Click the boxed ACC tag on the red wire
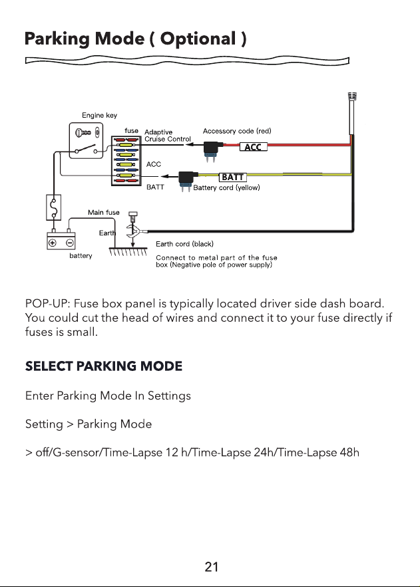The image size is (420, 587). pos(254,147)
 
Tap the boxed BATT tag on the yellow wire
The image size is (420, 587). pos(233,177)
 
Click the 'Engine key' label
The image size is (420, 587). pos(100,115)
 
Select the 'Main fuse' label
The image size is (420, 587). pos(104,212)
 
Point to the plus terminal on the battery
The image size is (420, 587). pos(52,243)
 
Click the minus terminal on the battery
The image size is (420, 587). pos(70,243)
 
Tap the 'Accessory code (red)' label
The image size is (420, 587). pos(237,131)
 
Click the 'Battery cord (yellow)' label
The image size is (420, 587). pos(227,187)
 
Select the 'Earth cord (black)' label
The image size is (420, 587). pos(185,244)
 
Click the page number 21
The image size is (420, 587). pos(211,567)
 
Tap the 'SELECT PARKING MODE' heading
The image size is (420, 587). pos(104,366)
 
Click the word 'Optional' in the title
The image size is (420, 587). pos(198,39)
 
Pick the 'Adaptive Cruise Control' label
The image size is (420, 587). pos(168,136)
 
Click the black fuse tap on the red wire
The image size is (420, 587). pos(212,150)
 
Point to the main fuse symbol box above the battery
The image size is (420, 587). pos(53,207)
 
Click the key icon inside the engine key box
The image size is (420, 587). pos(83,132)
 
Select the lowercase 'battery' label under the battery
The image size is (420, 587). pos(81,256)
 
